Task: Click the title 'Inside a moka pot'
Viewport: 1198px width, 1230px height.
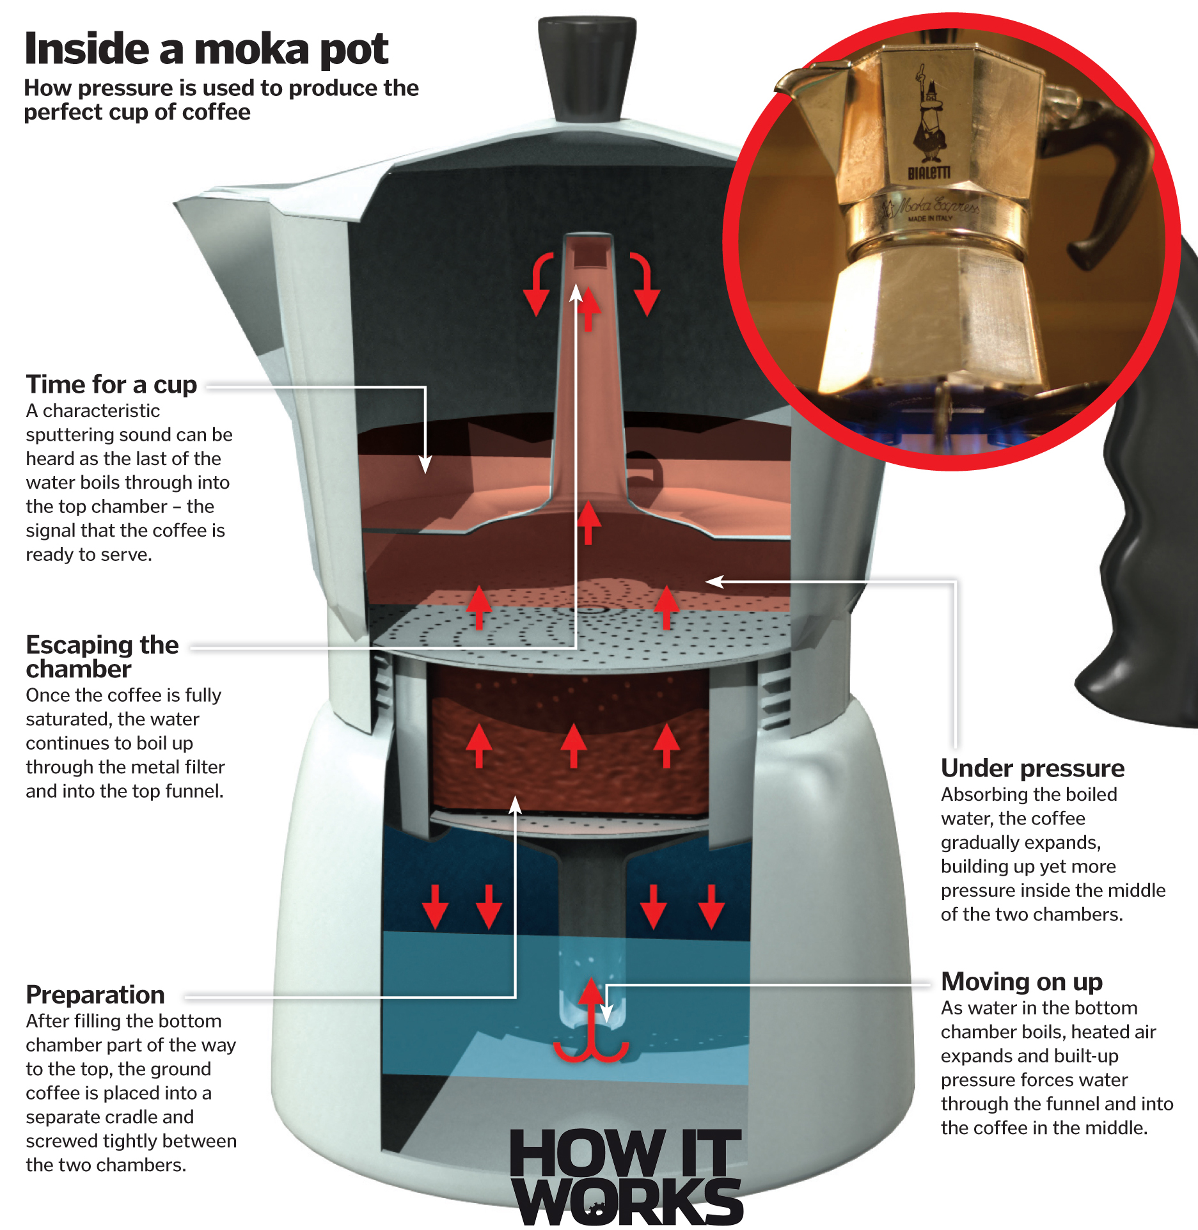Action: [x=206, y=49]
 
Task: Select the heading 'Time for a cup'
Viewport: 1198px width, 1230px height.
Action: [x=111, y=384]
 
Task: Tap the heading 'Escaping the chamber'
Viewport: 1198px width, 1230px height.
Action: [x=102, y=656]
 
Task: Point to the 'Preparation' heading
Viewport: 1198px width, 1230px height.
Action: [x=95, y=995]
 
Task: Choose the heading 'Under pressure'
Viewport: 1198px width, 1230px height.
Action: [x=1032, y=768]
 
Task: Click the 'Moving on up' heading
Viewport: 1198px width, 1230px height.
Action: [x=1021, y=981]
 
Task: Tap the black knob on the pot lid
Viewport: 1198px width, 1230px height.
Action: [x=587, y=67]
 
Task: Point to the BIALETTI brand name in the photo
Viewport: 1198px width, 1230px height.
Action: [x=929, y=173]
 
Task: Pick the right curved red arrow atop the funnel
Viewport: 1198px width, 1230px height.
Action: [x=645, y=281]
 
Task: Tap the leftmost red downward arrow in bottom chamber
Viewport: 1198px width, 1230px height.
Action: [x=436, y=907]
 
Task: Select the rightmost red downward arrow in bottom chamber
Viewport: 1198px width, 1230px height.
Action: [x=711, y=907]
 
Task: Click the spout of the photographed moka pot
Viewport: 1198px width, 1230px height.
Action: [x=800, y=80]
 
